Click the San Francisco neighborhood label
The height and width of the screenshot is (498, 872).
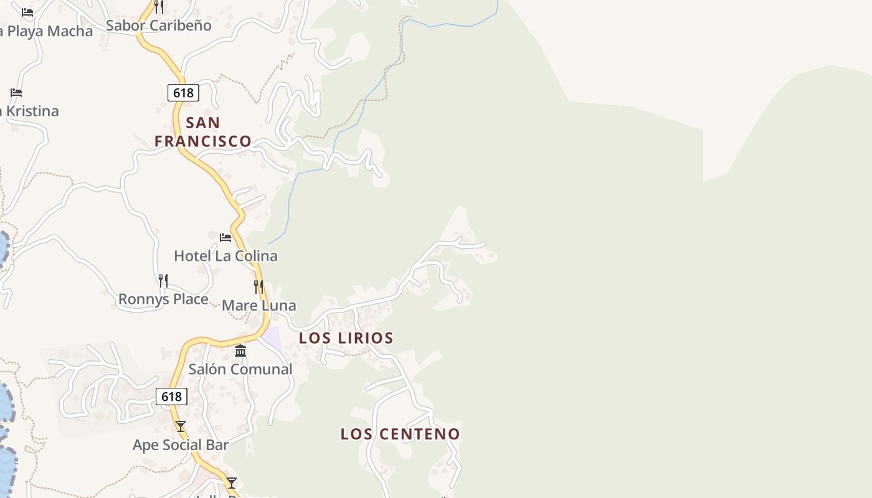(203, 131)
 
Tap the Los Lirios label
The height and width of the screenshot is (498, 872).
(346, 338)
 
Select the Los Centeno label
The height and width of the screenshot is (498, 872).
(400, 434)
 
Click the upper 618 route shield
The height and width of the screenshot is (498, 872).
(183, 93)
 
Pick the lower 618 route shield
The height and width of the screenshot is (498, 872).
(171, 397)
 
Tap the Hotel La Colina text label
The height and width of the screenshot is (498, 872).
(225, 256)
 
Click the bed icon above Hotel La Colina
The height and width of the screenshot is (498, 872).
(225, 237)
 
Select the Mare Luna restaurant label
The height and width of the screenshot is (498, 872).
(258, 306)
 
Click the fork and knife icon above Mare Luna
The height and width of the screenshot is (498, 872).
(258, 287)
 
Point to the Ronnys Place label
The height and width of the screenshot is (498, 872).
(163, 299)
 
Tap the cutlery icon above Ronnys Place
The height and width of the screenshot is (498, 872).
(163, 281)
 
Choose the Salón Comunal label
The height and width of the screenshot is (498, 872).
(240, 369)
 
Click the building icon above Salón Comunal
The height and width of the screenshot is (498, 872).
(240, 351)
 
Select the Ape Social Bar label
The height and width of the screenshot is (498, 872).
(181, 445)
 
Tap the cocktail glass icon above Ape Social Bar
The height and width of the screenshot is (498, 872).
(181, 426)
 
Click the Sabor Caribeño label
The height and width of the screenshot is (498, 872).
(159, 26)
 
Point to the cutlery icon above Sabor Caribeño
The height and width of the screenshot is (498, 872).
(159, 7)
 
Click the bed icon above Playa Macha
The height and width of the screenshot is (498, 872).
(27, 12)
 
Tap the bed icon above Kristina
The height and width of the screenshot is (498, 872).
(16, 93)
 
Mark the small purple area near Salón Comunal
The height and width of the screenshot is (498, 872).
(272, 338)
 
